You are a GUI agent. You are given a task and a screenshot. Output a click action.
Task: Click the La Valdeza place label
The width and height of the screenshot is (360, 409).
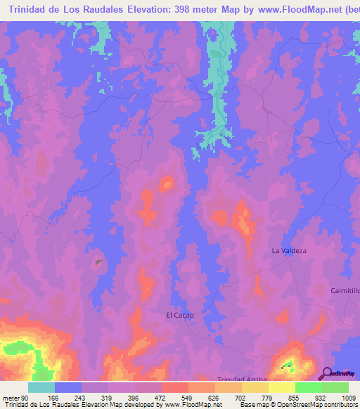(x=290, y=250)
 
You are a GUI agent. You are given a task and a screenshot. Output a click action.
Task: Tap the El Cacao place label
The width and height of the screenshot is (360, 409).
(x=179, y=315)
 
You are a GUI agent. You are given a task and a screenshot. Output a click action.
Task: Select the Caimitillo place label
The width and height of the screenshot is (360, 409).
(x=345, y=290)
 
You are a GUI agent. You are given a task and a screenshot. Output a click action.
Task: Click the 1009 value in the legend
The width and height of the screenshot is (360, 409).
(x=349, y=397)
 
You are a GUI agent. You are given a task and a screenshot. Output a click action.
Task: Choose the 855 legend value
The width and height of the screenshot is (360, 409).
(x=296, y=397)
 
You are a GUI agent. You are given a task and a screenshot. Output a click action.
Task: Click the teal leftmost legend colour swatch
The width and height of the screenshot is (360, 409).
(x=41, y=387)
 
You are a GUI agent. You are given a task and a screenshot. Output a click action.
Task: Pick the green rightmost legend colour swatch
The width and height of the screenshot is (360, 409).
(x=335, y=387)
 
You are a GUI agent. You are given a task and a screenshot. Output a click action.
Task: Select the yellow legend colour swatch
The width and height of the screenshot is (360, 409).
(x=282, y=387)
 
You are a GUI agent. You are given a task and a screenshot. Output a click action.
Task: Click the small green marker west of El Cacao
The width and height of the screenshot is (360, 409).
(x=97, y=261)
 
